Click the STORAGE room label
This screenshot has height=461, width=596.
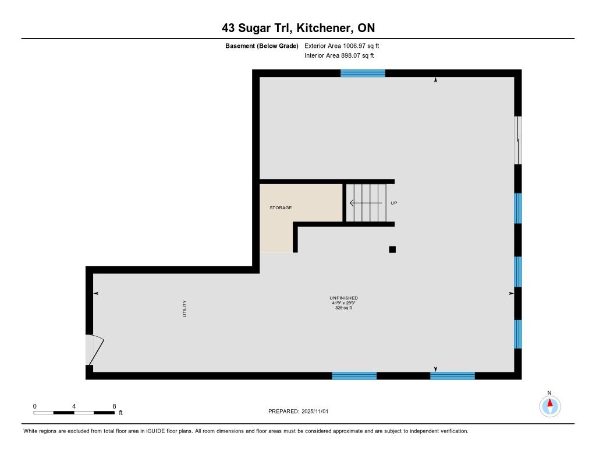pos(281,208)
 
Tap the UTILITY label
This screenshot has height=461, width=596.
pos(185,308)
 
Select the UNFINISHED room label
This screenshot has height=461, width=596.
pos(343,298)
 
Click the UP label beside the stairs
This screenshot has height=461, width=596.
pos(394,203)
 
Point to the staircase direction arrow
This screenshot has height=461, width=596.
pos(366,203)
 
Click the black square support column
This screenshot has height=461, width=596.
pos(392,249)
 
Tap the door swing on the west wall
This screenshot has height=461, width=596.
pos(95,350)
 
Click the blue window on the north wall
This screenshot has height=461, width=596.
pos(363,73)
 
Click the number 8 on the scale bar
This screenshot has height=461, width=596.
pos(114,406)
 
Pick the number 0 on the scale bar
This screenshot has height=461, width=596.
pos(34,406)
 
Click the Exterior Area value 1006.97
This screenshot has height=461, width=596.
pos(354,45)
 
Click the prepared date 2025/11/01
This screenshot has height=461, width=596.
pos(315,411)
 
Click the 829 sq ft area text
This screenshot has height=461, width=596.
pos(343,308)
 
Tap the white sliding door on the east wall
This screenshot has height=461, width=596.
pos(517,140)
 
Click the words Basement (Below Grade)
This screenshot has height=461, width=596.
pos(262,45)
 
